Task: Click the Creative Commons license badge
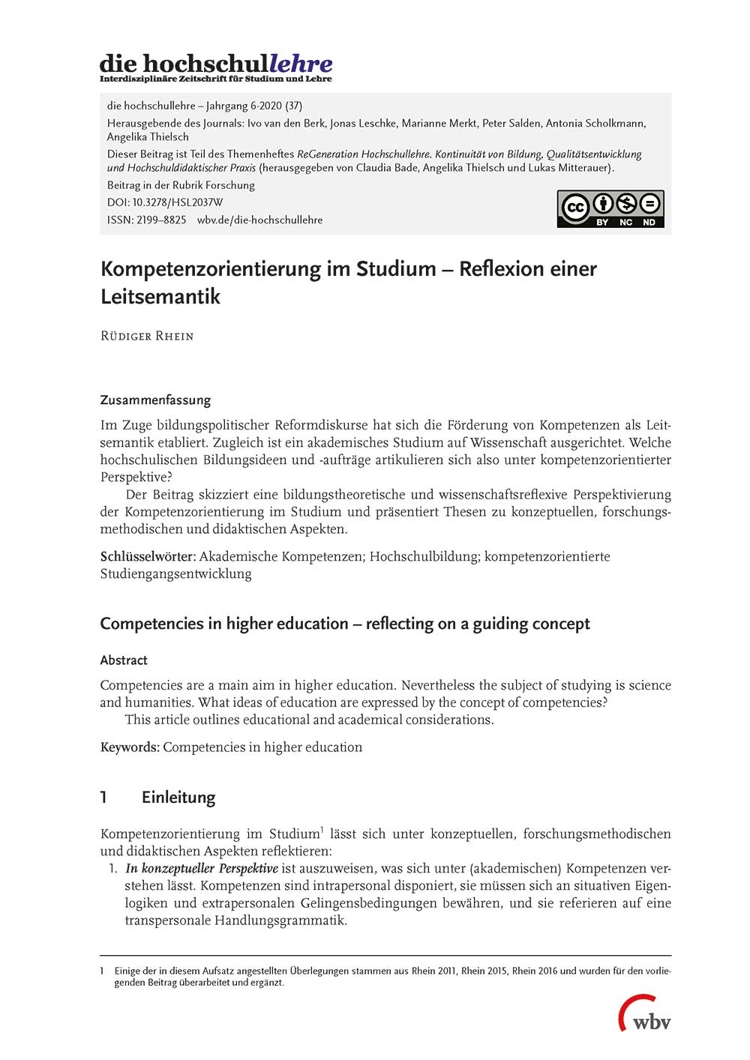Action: [x=610, y=208]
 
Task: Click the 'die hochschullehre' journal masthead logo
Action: [x=216, y=67]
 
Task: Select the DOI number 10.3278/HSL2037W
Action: [x=177, y=202]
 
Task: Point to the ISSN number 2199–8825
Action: [x=161, y=220]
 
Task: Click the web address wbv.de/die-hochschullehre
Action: [x=259, y=220]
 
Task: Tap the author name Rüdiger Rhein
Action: [x=147, y=336]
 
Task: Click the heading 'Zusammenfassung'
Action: [x=155, y=400]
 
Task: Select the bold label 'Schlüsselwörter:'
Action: [x=148, y=556]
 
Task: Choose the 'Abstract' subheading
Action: [x=124, y=660]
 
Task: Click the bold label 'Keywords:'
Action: [x=130, y=747]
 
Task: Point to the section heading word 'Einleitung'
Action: [x=178, y=797]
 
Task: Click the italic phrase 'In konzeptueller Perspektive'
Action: [x=202, y=868]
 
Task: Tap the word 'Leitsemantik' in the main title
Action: [x=160, y=296]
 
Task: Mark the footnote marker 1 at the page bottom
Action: [x=102, y=971]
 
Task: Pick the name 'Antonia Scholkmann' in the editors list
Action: [x=594, y=123]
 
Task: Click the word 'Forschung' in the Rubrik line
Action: [x=230, y=185]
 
